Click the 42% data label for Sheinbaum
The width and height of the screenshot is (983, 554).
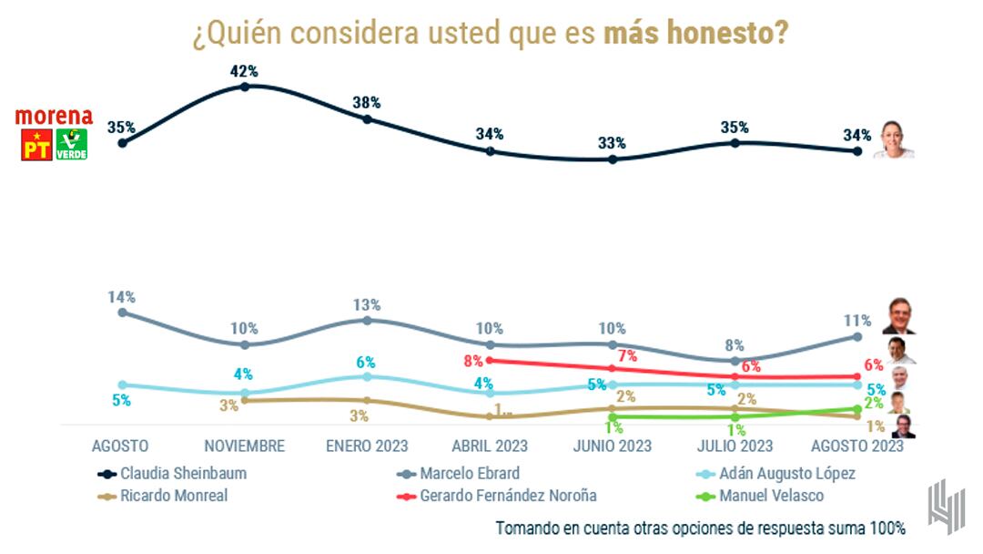pyautogui.click(x=245, y=71)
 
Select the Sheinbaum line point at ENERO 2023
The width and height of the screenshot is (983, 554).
pyautogui.click(x=367, y=118)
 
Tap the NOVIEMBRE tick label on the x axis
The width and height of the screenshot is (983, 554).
pyautogui.click(x=245, y=446)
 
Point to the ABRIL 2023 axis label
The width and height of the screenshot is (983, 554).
pyautogui.click(x=490, y=446)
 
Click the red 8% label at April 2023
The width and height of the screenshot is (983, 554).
pyautogui.click(x=472, y=360)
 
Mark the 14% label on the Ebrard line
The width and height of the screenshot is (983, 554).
pyautogui.click(x=121, y=296)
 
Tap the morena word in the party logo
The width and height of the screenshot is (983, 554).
pyautogui.click(x=54, y=117)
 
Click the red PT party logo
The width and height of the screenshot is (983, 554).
pyautogui.click(x=36, y=145)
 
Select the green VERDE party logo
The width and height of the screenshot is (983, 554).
pyautogui.click(x=72, y=145)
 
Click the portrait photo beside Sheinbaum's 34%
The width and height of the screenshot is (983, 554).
pyautogui.click(x=893, y=141)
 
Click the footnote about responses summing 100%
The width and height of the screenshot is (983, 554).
pyautogui.click(x=700, y=528)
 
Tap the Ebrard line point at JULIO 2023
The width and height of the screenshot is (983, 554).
pyautogui.click(x=735, y=360)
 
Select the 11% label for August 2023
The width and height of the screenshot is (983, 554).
pyautogui.click(x=856, y=320)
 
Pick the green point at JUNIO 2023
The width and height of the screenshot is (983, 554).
pyautogui.click(x=613, y=417)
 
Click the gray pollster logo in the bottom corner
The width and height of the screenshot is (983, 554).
pyautogui.click(x=946, y=506)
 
